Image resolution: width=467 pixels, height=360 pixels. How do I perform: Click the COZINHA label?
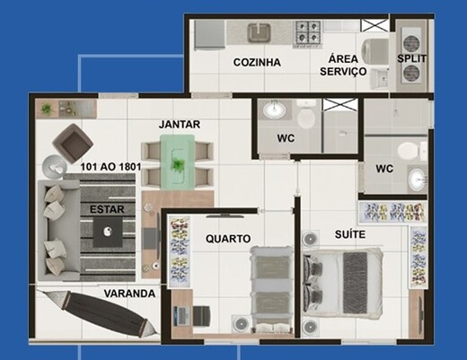click(257, 62)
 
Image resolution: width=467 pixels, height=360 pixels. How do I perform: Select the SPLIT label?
click(412, 59)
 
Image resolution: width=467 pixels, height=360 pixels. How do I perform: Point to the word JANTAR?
click(180, 124)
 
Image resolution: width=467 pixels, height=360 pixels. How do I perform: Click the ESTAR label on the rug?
click(107, 209)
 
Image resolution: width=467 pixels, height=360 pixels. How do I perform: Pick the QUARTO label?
click(227, 239)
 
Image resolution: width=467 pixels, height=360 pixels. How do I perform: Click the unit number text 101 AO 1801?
click(111, 167)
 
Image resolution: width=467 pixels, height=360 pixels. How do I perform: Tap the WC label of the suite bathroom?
click(384, 168)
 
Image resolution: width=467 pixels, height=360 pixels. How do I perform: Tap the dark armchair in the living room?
click(72, 141)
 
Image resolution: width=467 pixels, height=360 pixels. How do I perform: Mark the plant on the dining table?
click(181, 165)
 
